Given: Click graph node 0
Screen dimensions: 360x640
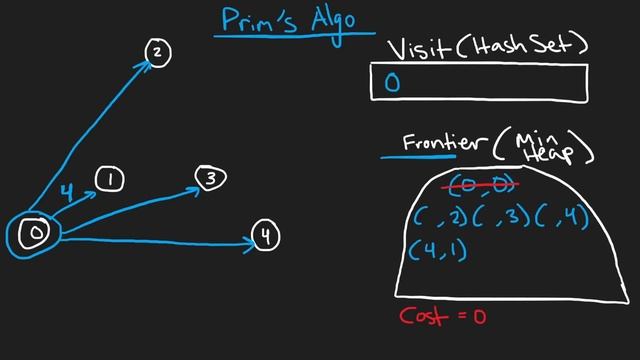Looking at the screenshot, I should tap(35, 234).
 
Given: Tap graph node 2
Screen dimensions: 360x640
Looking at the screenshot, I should tap(158, 53).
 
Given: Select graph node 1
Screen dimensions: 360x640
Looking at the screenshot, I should tap(110, 180).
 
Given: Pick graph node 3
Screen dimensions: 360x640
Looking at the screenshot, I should tap(211, 179).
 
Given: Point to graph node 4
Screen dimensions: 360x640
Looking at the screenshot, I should tap(265, 237).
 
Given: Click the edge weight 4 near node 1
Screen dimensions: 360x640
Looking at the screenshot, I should tap(66, 190).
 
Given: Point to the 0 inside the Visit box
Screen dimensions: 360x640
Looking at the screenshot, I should tap(392, 84).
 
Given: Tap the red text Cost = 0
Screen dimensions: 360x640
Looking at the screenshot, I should tap(442, 316).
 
